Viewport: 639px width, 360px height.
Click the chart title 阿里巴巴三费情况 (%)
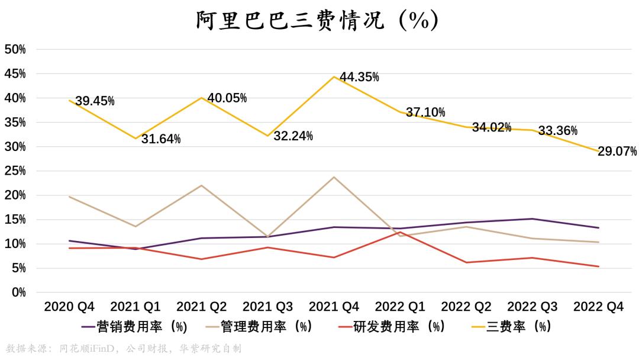(x=318, y=20)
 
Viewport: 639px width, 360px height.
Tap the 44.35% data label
(x=359, y=77)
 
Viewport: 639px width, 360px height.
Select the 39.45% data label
(x=95, y=101)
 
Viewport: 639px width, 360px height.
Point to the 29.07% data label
(x=617, y=151)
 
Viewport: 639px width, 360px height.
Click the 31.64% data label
(x=161, y=139)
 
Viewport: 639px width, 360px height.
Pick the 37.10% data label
(x=425, y=112)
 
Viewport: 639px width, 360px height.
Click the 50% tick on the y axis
(x=15, y=50)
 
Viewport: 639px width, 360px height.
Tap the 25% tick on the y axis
(x=15, y=171)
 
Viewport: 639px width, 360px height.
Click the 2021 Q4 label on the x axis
(x=334, y=307)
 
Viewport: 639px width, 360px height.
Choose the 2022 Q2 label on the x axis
(x=466, y=307)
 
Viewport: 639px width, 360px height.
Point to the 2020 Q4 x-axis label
(x=69, y=307)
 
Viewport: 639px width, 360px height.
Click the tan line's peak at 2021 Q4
(x=334, y=177)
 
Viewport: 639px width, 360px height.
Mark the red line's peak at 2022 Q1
(x=401, y=232)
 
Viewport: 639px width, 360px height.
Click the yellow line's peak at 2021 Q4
(x=334, y=76)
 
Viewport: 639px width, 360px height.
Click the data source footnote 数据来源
(x=123, y=349)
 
